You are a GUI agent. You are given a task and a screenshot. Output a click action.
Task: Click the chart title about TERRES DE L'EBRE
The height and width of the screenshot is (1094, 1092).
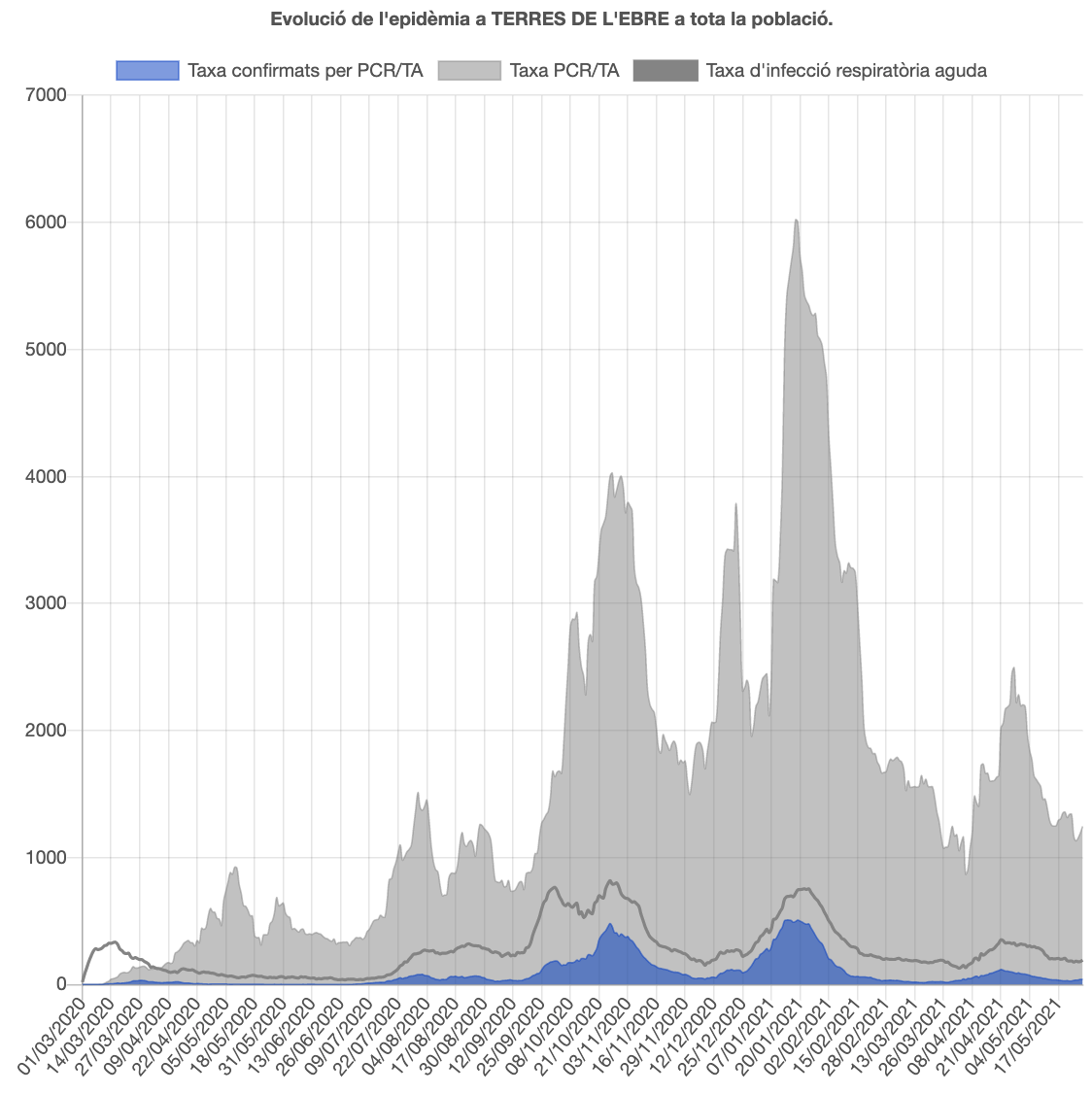[552, 19]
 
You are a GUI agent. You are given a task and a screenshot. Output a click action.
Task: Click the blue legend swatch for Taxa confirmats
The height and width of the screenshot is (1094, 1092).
[148, 70]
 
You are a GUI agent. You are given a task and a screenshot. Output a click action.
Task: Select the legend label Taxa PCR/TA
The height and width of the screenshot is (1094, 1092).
[563, 70]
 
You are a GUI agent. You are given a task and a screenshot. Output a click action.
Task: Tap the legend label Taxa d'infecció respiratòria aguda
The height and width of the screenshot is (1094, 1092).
[846, 70]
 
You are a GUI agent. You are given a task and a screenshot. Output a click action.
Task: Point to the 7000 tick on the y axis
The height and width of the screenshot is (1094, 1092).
[47, 95]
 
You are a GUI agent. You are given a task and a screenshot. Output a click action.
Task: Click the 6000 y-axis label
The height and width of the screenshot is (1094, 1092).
[47, 222]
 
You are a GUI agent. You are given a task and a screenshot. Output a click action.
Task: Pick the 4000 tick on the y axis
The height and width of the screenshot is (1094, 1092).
[47, 476]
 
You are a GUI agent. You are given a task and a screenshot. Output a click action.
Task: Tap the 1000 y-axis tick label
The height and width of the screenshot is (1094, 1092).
[47, 857]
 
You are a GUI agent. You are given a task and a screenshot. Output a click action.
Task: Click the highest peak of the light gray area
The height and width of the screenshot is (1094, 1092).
[797, 221]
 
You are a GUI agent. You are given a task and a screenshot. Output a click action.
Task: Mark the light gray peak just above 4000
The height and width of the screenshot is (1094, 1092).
[611, 474]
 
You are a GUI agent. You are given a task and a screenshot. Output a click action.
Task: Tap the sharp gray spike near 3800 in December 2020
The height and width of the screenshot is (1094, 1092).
[736, 504]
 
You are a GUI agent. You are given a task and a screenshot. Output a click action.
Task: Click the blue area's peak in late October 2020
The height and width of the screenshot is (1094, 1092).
[610, 925]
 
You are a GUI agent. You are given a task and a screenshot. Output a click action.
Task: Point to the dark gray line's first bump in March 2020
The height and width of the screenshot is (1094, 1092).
[114, 941]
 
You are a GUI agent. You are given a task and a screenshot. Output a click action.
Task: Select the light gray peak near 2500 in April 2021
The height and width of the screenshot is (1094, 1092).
[1013, 668]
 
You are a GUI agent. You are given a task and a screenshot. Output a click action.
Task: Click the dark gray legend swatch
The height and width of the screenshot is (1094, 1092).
[665, 70]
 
